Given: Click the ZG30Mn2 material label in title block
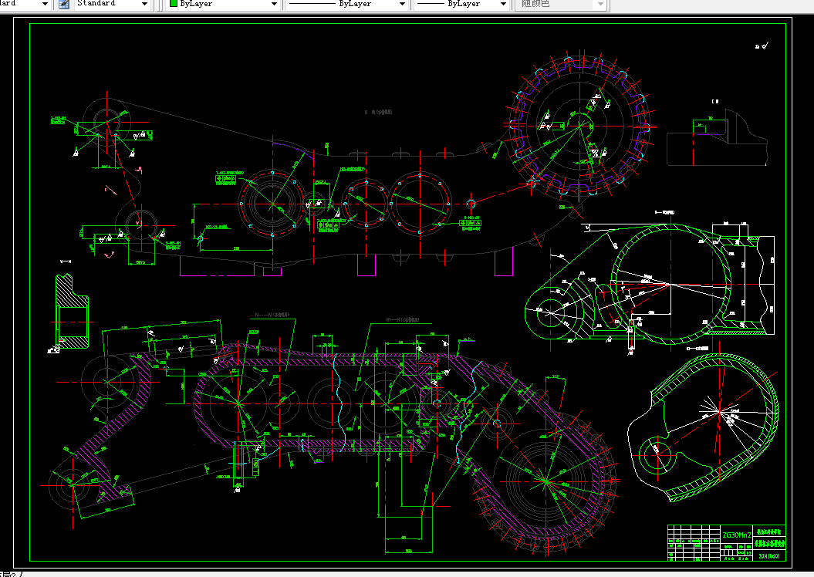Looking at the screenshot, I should (736, 535).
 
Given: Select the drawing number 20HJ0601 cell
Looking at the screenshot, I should (768, 555).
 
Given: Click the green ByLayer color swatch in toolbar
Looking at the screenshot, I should (174, 4).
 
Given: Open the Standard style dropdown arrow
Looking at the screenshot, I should (145, 4).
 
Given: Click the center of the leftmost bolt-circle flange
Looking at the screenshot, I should (269, 206).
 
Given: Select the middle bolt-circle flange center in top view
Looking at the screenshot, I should (364, 206).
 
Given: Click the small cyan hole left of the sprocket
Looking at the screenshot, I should (472, 203).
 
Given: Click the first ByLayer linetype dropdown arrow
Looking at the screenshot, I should (402, 4).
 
